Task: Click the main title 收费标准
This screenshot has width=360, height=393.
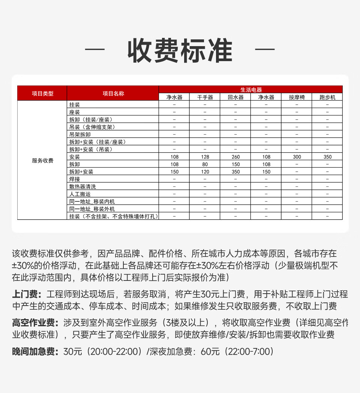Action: click(x=180, y=51)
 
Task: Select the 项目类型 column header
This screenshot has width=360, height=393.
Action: click(x=42, y=93)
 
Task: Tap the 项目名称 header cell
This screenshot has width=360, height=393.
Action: click(x=113, y=93)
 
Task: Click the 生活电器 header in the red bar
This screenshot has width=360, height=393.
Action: click(x=250, y=90)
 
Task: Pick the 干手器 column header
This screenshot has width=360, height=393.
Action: click(x=205, y=97)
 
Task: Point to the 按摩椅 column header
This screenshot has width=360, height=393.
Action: click(x=297, y=97)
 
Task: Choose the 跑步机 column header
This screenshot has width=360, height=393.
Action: click(x=327, y=97)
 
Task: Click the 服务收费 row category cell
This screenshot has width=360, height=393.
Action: click(x=42, y=160)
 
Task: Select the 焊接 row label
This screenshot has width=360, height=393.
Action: click(x=75, y=179)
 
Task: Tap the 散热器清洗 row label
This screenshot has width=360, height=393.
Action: click(x=82, y=186)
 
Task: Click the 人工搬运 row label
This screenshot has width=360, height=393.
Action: click(x=80, y=194)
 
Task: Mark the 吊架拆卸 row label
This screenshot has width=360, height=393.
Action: click(x=80, y=134)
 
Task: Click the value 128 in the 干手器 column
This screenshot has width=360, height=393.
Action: click(x=205, y=157)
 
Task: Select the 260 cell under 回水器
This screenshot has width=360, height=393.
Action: click(x=235, y=157)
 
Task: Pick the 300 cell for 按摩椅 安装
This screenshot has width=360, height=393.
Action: click(x=297, y=157)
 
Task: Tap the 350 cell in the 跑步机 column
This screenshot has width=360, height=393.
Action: click(x=327, y=157)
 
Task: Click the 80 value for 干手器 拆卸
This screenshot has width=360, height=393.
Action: click(x=205, y=164)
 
